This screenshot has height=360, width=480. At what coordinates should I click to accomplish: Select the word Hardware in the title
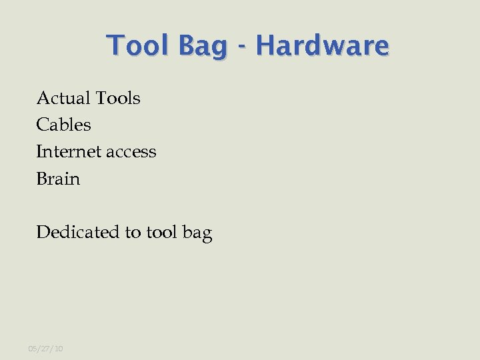(x=322, y=46)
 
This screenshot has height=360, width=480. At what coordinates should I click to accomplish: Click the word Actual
(x=63, y=98)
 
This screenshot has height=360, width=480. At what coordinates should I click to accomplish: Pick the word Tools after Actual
(x=118, y=98)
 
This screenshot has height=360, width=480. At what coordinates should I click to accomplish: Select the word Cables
(x=63, y=125)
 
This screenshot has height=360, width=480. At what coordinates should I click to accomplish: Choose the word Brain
(x=58, y=179)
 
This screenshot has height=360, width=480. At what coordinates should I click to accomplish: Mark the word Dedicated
(x=78, y=232)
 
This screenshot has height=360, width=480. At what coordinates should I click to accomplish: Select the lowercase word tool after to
(x=161, y=232)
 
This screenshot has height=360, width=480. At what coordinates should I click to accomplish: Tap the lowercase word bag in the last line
(x=197, y=233)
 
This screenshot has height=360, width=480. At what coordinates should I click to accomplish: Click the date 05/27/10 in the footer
(x=45, y=349)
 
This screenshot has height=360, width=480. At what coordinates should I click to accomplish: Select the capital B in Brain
(x=42, y=179)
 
